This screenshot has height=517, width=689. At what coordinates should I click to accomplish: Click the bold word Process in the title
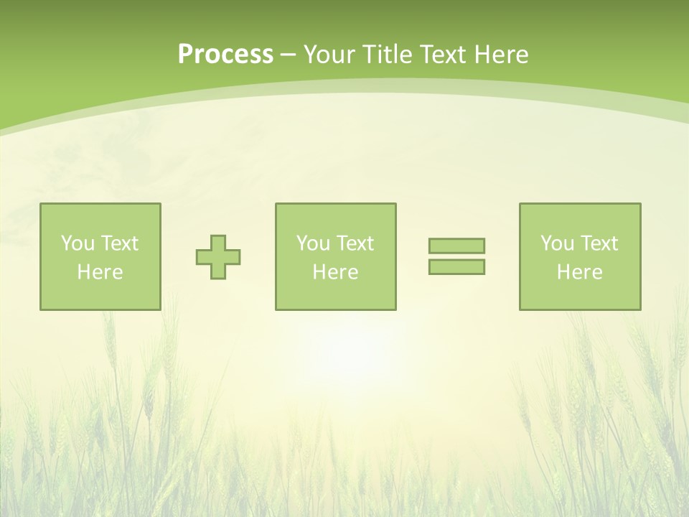tap(225, 55)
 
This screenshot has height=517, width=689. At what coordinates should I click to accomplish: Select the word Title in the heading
tap(385, 55)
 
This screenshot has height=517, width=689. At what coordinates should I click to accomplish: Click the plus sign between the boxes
tap(218, 257)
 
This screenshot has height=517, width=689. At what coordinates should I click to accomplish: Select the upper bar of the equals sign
tap(456, 246)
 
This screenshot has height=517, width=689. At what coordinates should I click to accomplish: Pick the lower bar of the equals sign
tap(456, 267)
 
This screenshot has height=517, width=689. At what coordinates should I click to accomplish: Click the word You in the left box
tap(78, 243)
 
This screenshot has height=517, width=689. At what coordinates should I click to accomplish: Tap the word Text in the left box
tap(119, 243)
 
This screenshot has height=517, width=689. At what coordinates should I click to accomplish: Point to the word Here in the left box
tap(100, 272)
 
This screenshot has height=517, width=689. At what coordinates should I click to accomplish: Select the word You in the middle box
tap(313, 243)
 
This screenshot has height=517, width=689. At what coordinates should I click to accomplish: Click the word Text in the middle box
tap(355, 243)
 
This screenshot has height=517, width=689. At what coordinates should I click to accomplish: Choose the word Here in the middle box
tap(335, 272)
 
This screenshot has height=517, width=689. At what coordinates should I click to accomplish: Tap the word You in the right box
tap(557, 243)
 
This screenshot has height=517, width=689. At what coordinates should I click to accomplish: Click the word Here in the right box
tap(579, 272)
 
